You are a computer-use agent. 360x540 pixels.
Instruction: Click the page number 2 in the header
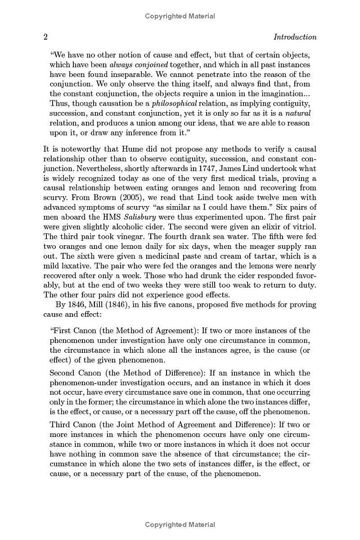45,37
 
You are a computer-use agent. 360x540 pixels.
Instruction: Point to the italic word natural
298,113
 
